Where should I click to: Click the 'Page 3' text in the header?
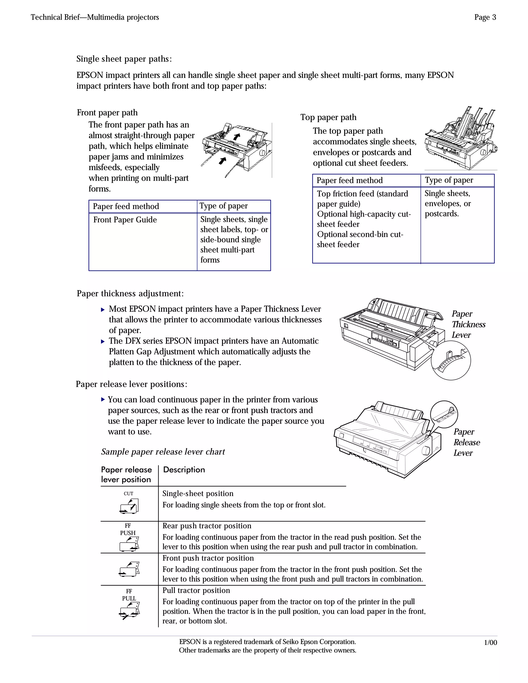click(485, 17)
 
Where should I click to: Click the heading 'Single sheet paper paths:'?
click(124, 59)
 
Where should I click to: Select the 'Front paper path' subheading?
click(107, 113)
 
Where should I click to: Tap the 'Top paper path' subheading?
click(328, 117)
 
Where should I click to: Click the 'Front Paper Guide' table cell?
click(125, 220)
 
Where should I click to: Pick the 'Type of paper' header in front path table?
click(223, 206)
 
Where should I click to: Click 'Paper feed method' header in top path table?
click(349, 180)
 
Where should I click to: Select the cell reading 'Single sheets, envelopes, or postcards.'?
click(447, 204)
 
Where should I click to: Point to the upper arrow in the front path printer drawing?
click(237, 137)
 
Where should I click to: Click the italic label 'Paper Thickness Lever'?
click(468, 324)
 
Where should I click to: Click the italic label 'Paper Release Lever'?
click(466, 442)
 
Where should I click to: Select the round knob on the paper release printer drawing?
click(426, 451)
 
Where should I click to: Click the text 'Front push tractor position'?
click(208, 558)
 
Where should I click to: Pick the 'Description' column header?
click(184, 470)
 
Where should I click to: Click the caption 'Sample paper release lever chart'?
click(163, 452)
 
